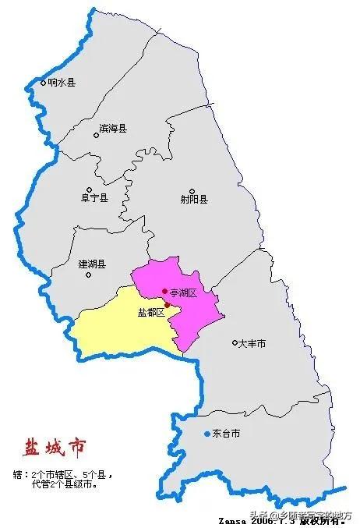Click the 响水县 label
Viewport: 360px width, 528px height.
[62, 82]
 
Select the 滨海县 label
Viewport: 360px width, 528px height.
[113, 127]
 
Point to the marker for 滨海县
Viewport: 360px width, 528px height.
[97, 135]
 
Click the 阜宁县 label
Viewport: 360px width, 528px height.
[94, 198]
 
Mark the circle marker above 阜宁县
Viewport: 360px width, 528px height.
[90, 190]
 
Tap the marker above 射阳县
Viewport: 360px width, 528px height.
[192, 190]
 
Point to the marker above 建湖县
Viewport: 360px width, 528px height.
[89, 254]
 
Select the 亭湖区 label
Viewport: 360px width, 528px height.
[184, 292]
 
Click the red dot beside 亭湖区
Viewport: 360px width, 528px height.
[164, 292]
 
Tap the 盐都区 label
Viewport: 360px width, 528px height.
[150, 312]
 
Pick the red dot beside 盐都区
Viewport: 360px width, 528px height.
[167, 306]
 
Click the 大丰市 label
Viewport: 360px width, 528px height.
[253, 343]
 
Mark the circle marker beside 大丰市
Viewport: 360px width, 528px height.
[235, 342]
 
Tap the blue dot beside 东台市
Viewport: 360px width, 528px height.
[206, 434]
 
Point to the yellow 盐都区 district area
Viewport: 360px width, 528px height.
[117, 328]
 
